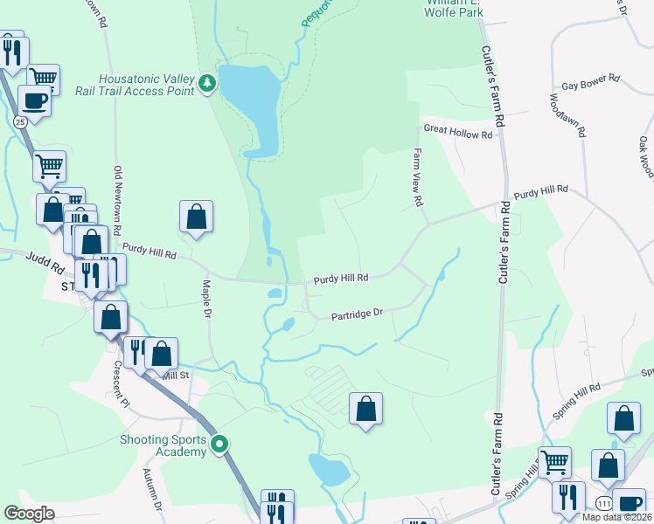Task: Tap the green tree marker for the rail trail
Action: [x=207, y=84]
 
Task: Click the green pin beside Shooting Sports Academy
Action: [x=221, y=445]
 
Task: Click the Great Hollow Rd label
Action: [x=458, y=128]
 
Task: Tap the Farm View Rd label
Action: [x=418, y=176]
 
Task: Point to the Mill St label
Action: [x=175, y=375]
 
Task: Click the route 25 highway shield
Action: [x=20, y=122]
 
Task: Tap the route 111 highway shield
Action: [x=604, y=504]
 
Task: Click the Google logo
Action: [x=29, y=514]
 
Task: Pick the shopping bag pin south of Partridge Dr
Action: [x=366, y=409]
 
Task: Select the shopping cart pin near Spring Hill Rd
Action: [x=554, y=461]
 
